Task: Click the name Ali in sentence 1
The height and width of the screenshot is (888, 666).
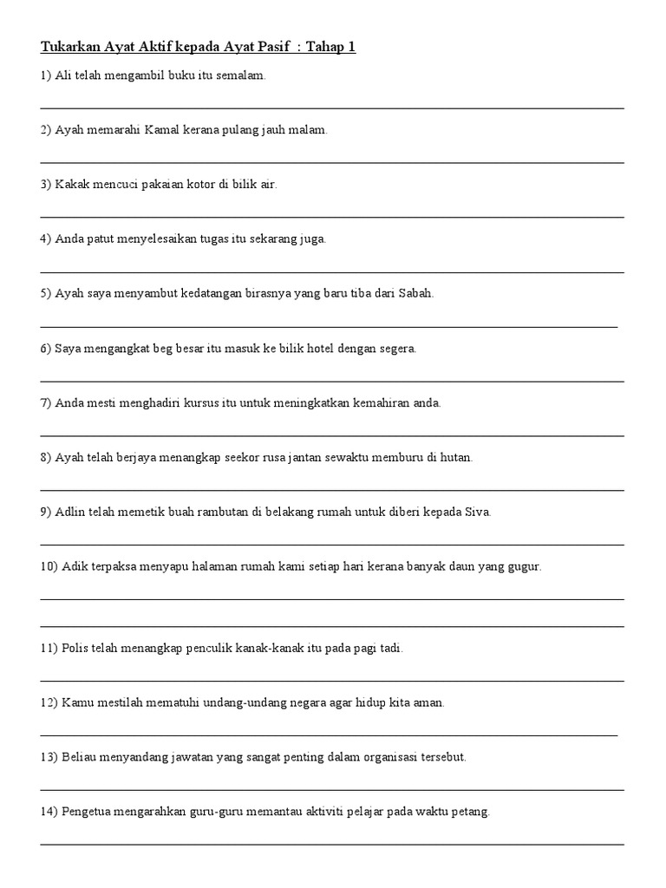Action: click(64, 75)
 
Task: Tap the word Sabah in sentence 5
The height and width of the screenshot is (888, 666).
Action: click(416, 293)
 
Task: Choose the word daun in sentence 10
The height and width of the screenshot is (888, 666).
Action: click(469, 566)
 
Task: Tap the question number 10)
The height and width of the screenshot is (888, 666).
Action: click(49, 566)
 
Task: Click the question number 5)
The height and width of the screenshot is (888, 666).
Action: click(45, 293)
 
